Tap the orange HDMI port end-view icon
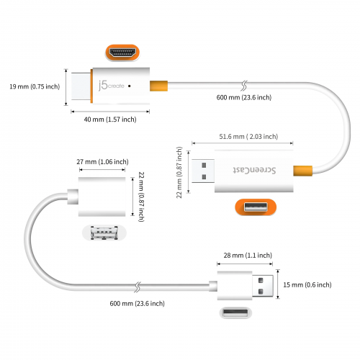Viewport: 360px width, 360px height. pyautogui.click(x=122, y=53)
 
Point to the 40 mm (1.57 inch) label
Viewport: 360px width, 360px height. pyautogui.click(x=104, y=120)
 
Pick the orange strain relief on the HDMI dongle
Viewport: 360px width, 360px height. pyautogui.click(x=158, y=86)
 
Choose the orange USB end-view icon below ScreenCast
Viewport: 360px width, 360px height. pyautogui.click(x=256, y=208)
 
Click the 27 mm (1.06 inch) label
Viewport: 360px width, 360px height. pyautogui.click(x=103, y=162)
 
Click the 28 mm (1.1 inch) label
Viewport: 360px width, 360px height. pyautogui.click(x=247, y=255)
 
